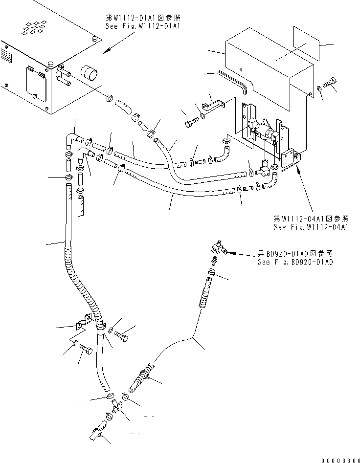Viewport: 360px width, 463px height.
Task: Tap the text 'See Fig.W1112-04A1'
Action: (311, 227)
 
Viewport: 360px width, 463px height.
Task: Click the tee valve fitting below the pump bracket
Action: (264, 169)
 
